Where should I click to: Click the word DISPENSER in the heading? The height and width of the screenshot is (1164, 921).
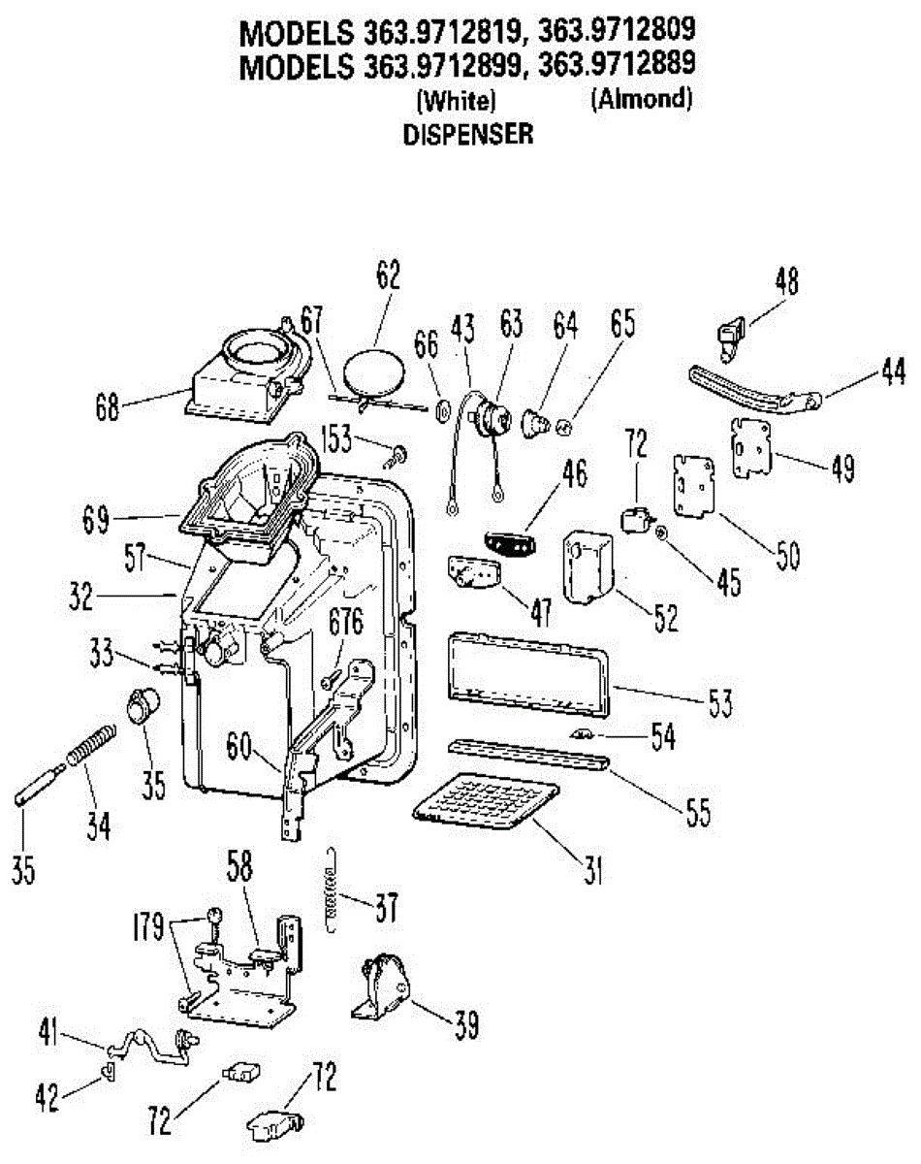point(468,134)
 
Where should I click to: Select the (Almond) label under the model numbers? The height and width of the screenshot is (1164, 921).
point(642,99)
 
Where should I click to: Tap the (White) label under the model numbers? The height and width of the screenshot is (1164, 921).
point(457,100)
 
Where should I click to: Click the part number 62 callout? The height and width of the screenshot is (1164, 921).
point(389,275)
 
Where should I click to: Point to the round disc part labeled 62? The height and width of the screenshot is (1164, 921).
point(374,374)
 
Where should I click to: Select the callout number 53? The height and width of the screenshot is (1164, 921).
point(721,702)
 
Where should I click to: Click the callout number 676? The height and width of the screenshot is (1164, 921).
point(346,622)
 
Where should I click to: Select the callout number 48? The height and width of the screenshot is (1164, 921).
point(786,280)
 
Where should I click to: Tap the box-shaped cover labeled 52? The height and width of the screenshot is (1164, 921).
point(588,567)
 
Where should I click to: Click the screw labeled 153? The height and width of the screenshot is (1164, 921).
point(395,457)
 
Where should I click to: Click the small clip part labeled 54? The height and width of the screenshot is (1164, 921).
point(582,734)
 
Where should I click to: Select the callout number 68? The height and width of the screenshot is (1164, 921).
point(107,407)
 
